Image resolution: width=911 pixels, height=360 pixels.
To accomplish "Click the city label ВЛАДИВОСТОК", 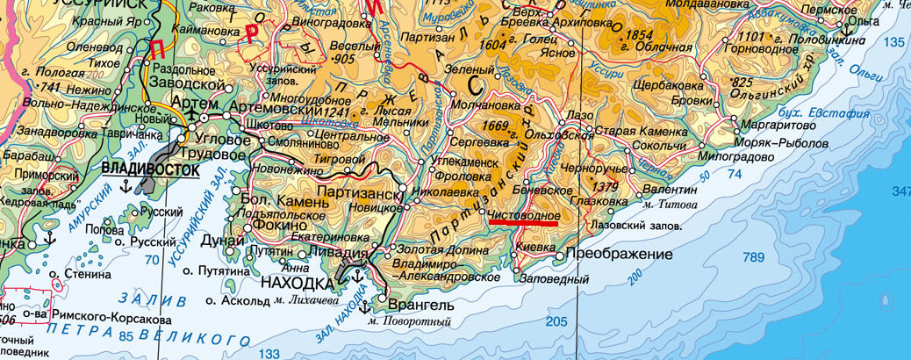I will (x=150, y=168).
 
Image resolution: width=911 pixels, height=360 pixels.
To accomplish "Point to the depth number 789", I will (x=753, y=257).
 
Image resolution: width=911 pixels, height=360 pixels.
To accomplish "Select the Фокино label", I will (x=278, y=224).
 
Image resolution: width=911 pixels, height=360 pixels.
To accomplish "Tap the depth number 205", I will (x=556, y=321).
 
